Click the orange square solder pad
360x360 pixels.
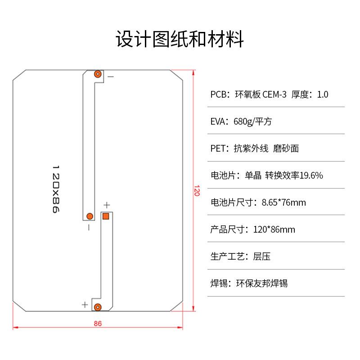click(x=107, y=216)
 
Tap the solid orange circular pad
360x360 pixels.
click(x=89, y=216)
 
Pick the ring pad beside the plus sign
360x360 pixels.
click(x=98, y=307)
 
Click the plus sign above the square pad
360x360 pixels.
click(x=107, y=206)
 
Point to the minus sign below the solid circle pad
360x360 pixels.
click(x=89, y=228)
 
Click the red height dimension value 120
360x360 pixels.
click(x=196, y=191)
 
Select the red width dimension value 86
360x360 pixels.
click(x=98, y=323)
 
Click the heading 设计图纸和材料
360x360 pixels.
click(x=180, y=39)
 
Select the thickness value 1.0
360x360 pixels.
click(x=323, y=94)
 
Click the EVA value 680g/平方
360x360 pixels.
click(x=256, y=121)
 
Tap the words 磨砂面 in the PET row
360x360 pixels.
click(x=286, y=148)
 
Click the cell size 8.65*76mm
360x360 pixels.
click(x=283, y=202)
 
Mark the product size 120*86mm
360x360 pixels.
click(x=274, y=229)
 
